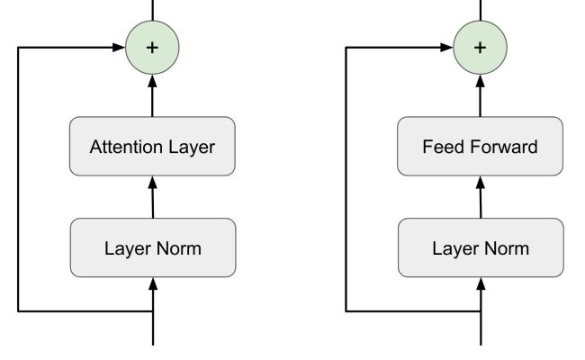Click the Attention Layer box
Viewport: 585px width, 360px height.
tap(152, 146)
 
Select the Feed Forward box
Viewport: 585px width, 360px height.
tap(480, 146)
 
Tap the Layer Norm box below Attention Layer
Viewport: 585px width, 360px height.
tap(152, 247)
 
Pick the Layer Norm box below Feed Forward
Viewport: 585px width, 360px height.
tap(480, 247)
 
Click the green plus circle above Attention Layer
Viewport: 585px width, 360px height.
tap(152, 47)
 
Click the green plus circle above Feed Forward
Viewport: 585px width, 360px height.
tap(480, 47)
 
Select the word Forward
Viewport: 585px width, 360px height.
tap(508, 146)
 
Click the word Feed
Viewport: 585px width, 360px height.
tap(441, 146)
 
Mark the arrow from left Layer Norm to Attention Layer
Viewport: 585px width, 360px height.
tap(152, 197)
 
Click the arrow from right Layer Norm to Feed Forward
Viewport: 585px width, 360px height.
tap(480, 197)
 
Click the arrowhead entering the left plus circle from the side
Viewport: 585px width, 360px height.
tap(118, 47)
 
